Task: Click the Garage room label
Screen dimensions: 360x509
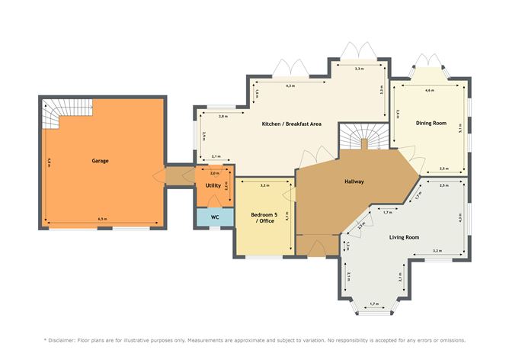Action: click(100, 162)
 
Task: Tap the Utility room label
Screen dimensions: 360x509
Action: click(213, 185)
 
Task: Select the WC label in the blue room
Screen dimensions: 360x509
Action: click(215, 217)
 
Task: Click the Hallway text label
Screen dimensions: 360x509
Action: click(354, 182)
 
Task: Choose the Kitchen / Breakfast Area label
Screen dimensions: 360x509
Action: click(290, 124)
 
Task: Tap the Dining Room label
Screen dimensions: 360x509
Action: click(430, 123)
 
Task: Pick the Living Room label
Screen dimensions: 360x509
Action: click(403, 237)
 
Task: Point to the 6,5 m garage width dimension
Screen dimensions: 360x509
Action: click(102, 220)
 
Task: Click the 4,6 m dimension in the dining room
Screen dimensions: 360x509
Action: click(429, 90)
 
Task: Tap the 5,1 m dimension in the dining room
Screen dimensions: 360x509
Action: click(461, 128)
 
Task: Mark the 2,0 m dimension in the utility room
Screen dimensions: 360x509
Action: click(213, 172)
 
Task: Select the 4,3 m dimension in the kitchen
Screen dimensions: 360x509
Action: click(290, 86)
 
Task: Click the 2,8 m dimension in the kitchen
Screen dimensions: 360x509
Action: click(222, 117)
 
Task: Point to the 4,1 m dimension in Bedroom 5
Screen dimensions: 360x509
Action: click(287, 216)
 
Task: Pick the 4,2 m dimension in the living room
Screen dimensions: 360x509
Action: click(461, 217)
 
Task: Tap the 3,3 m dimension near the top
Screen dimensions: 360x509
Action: click(358, 69)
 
